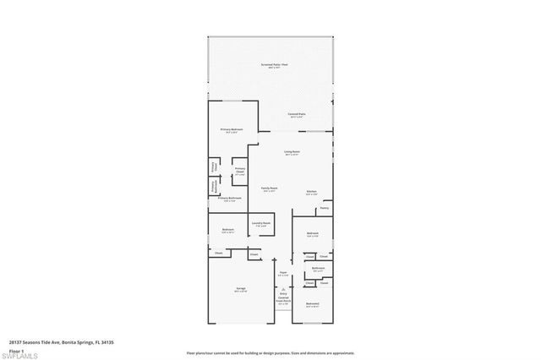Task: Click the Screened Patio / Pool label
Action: [270, 65]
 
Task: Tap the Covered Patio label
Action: [297, 113]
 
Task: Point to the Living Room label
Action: [292, 152]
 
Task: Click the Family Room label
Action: [270, 188]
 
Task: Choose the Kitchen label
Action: [312, 192]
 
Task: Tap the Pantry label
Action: [325, 208]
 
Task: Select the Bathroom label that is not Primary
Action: [318, 269]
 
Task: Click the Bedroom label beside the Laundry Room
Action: [228, 230]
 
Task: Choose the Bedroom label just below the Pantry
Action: [312, 233]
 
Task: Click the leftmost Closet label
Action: [218, 254]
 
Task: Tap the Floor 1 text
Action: [16, 349]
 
